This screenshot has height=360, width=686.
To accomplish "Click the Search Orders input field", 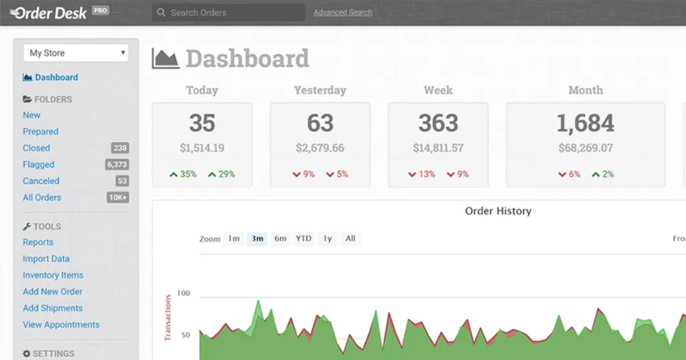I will pyautogui.click(x=228, y=12).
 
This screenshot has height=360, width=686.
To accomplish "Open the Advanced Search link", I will pyautogui.click(x=343, y=12).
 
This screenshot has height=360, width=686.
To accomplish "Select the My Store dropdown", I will pyautogui.click(x=76, y=53).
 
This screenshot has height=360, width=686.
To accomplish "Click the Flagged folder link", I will pyautogui.click(x=38, y=165).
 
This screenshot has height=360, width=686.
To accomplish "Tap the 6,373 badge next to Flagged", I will pyautogui.click(x=117, y=165).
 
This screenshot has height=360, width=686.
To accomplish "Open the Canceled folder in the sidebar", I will pyautogui.click(x=41, y=181).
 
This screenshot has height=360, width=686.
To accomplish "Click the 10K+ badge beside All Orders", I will pyautogui.click(x=117, y=197).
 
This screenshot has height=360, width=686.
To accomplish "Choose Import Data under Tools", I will pyautogui.click(x=46, y=259).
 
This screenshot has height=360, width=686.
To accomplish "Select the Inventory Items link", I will pyautogui.click(x=53, y=275).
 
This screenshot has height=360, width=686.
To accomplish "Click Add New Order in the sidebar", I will pyautogui.click(x=53, y=291).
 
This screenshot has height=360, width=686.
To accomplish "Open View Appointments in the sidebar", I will pyautogui.click(x=61, y=324).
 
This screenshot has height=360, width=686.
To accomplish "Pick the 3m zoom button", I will pyautogui.click(x=257, y=239).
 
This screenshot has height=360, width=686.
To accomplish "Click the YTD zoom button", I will pyautogui.click(x=303, y=239).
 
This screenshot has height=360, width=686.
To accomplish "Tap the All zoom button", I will pyautogui.click(x=351, y=239).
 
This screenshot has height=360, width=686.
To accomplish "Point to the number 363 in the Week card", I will pyautogui.click(x=438, y=123).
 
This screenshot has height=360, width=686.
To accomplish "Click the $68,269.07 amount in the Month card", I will pyautogui.click(x=585, y=148).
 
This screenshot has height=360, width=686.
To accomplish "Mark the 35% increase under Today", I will pyautogui.click(x=183, y=174).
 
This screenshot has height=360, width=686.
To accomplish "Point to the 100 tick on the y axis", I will pyautogui.click(x=183, y=293).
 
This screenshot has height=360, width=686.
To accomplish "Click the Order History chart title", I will pyautogui.click(x=498, y=211).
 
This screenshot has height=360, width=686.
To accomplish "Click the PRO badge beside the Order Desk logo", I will pyautogui.click(x=101, y=11).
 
